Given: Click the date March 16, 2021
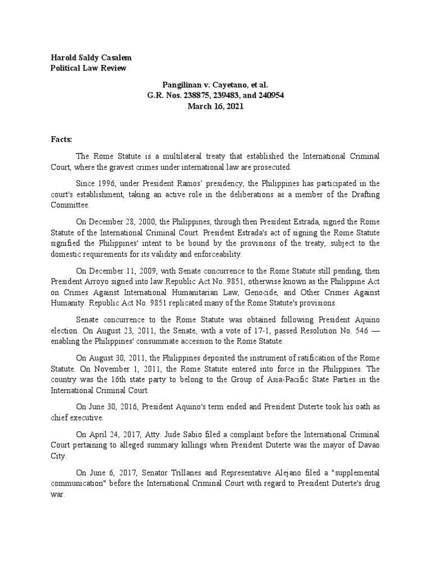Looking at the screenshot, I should pos(216,106).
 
